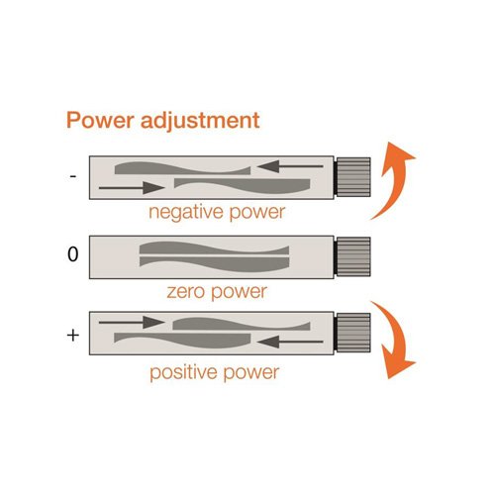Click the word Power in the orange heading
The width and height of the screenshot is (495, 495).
tap(100, 120)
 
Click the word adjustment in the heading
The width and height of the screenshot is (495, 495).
tap(200, 121)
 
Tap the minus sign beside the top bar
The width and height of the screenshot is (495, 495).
tap(73, 176)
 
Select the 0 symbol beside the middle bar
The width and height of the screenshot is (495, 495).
tap(73, 254)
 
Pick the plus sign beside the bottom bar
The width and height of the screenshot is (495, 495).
tap(73, 336)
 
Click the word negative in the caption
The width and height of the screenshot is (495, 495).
tap(187, 213)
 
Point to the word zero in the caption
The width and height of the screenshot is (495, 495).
tap(185, 292)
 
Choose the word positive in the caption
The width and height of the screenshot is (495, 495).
tap(184, 372)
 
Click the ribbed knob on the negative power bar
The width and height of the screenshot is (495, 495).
tap(352, 177)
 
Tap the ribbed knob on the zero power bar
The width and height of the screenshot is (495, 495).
tap(352, 256)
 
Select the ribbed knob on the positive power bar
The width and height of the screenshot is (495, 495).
tap(352, 333)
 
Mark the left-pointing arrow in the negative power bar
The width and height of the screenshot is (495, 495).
tap(290, 166)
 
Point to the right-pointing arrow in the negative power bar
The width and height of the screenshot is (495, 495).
tap(132, 188)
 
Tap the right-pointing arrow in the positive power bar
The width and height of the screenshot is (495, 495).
tap(132, 322)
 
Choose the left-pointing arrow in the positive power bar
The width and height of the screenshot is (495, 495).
tap(290, 342)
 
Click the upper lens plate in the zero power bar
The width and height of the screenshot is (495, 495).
tap(215, 248)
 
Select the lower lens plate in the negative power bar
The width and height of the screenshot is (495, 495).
tap(243, 186)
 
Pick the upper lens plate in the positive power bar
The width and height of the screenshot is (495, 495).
tap(242, 324)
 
